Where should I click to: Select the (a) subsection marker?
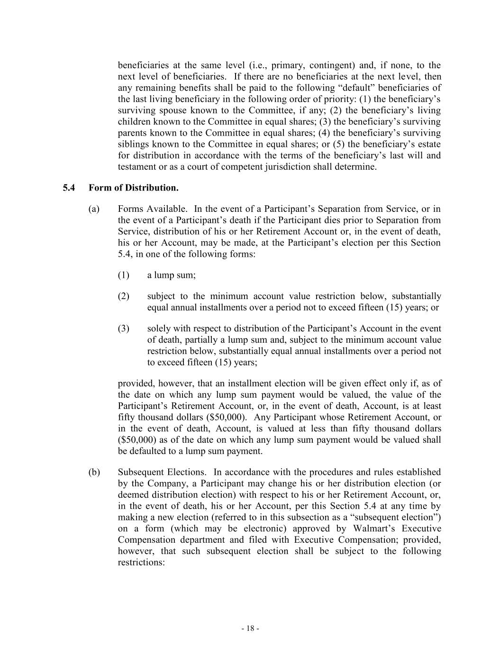[94, 209]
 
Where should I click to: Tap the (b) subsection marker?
[94, 472]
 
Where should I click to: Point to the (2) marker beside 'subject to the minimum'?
[123, 296]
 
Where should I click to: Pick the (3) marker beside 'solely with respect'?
[123, 328]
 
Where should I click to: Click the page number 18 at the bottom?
[250, 629]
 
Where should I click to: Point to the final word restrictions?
[141, 563]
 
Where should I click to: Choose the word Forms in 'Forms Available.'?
[129, 209]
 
